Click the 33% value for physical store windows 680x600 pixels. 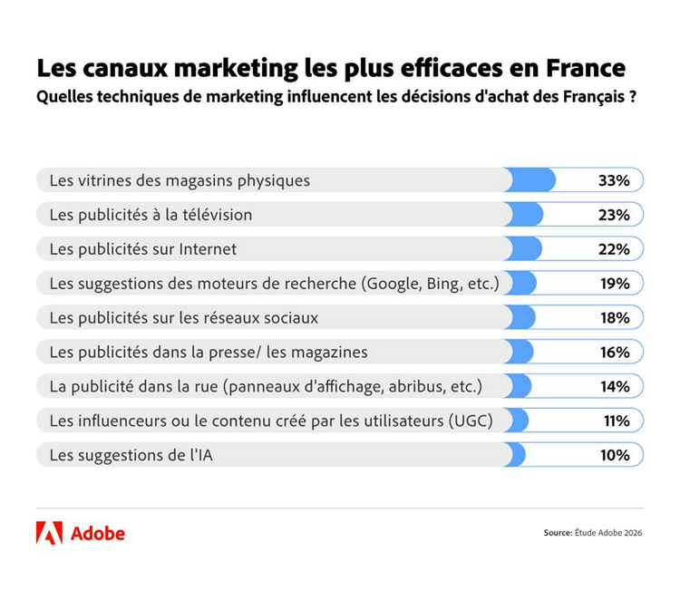coord(614,180)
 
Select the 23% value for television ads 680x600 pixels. coord(614,215)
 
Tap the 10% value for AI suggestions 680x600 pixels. coord(614,455)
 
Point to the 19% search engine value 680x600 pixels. coord(614,284)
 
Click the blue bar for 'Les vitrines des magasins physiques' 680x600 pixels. coord(531,180)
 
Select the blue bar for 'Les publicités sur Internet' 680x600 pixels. coord(525,249)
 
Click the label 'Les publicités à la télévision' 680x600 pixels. coord(151,215)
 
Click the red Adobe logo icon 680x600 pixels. coord(49,533)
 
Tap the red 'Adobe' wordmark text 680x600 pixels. coord(97,533)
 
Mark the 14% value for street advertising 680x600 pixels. coord(614,387)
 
